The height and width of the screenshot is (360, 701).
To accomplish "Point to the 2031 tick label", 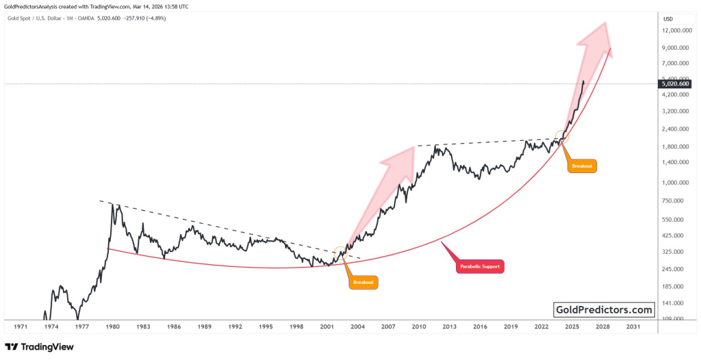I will click(633, 327).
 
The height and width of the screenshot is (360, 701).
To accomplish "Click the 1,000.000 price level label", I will click(677, 183).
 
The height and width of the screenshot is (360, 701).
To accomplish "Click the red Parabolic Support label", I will click(480, 266).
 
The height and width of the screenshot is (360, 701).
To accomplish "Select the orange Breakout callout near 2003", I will click(364, 282).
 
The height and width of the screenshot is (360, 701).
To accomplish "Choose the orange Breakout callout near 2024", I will click(583, 166).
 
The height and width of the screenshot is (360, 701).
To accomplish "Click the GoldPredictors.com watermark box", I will click(603, 309).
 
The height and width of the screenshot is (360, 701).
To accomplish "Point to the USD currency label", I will click(668, 18).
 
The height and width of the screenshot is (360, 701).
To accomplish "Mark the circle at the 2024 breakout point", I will click(561, 137).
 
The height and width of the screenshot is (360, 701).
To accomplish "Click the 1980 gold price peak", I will click(112, 205).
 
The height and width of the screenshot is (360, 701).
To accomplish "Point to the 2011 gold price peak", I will click(437, 146).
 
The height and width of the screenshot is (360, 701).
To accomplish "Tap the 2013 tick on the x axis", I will click(448, 327).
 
